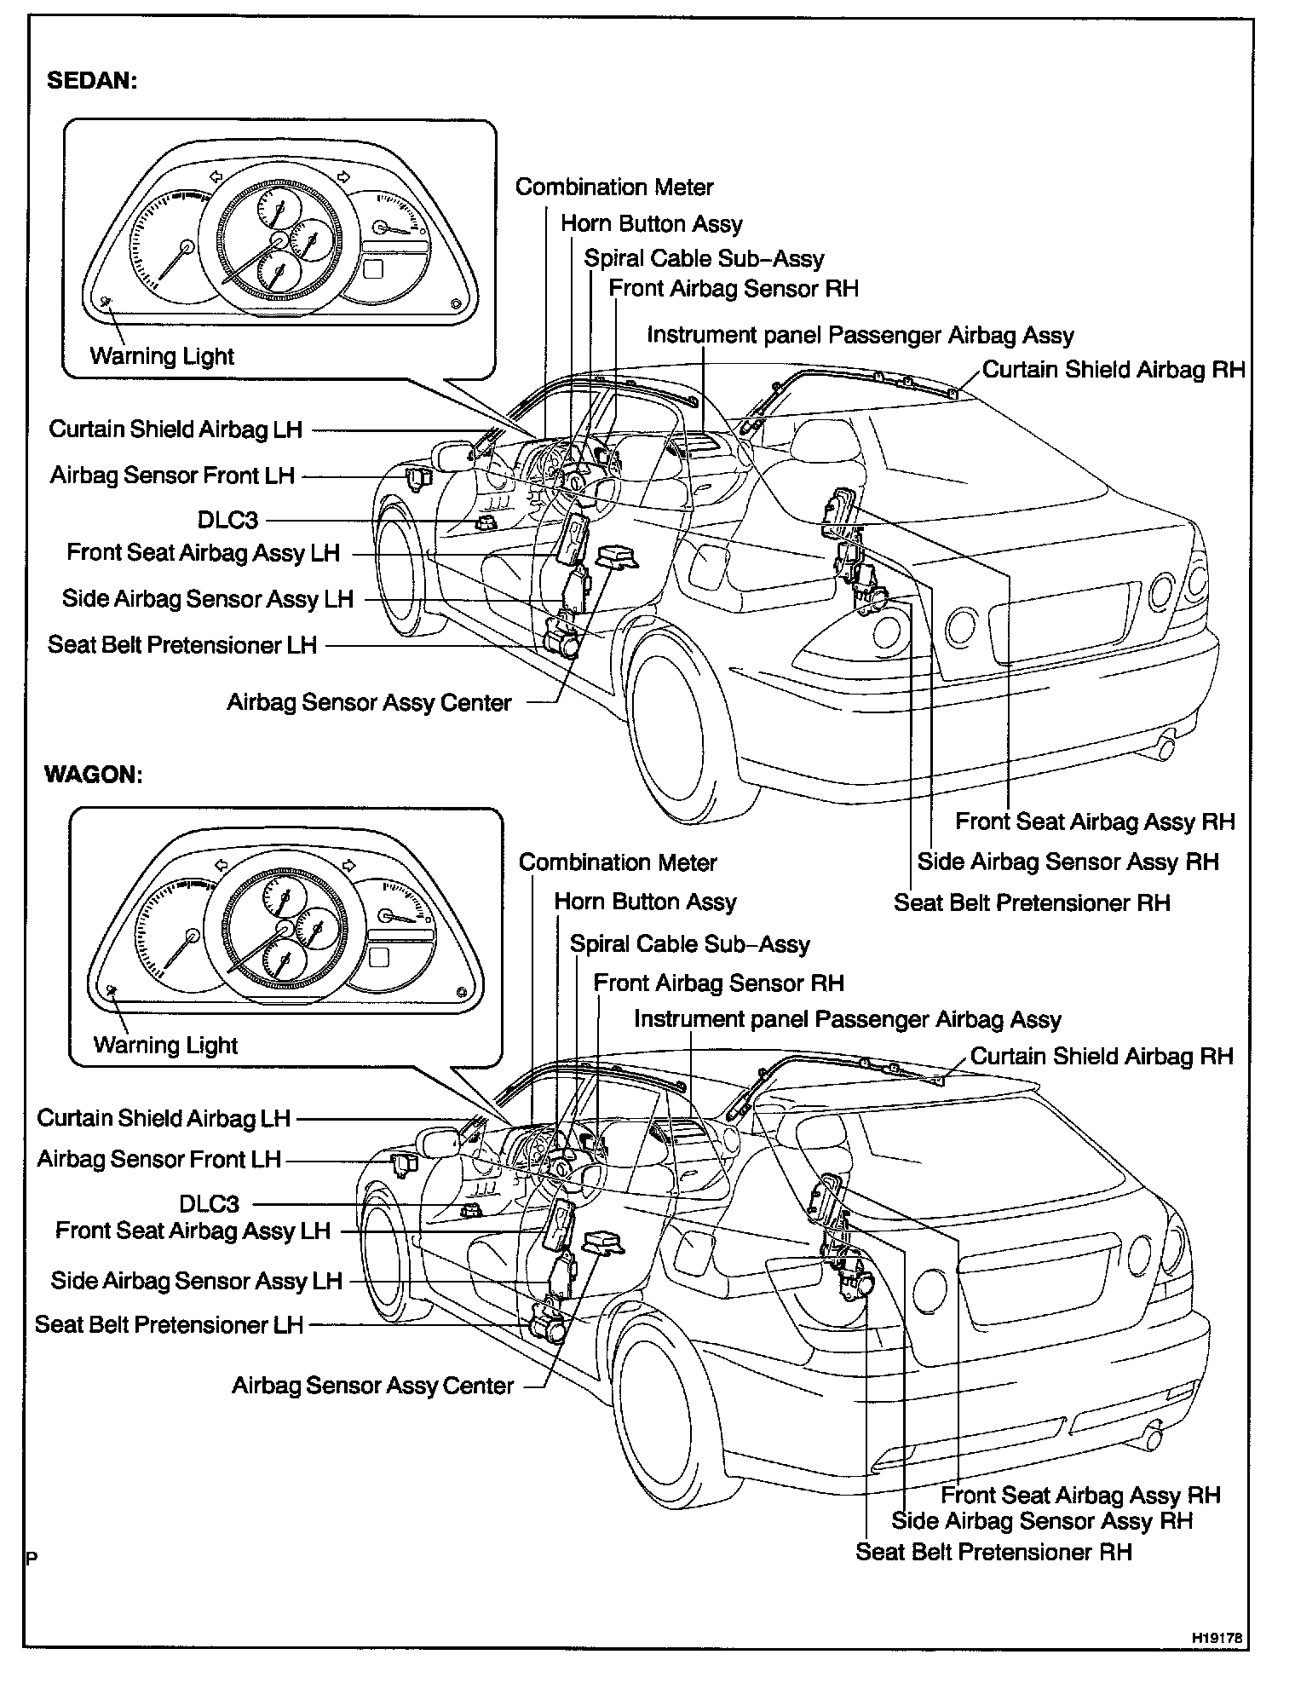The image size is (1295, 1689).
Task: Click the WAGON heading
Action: [x=93, y=775]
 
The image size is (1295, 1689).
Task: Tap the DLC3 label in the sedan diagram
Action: [x=227, y=519]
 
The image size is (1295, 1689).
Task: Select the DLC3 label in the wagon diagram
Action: [x=210, y=1203]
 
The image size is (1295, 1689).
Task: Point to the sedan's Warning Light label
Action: [x=162, y=356]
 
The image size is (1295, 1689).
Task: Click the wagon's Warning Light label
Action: [x=165, y=1045]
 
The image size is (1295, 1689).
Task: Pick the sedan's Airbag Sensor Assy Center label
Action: [x=369, y=703]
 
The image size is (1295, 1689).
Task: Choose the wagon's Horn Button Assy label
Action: [x=645, y=902]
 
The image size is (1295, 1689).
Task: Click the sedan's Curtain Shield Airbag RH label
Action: [x=1114, y=370]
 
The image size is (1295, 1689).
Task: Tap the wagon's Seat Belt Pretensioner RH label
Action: [x=993, y=1552]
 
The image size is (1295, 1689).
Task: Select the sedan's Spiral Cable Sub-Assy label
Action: [x=704, y=258]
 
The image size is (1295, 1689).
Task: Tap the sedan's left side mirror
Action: [x=451, y=456]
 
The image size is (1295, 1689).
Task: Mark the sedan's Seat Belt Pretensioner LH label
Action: [x=182, y=645]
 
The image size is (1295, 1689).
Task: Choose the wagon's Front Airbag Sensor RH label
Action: [x=718, y=983]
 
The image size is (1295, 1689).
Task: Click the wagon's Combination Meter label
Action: [x=618, y=862]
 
